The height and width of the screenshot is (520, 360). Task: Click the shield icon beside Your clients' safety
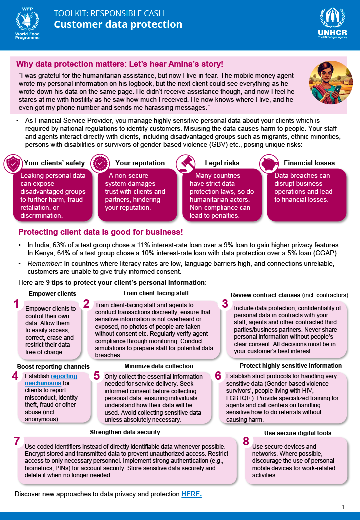coord(13,163)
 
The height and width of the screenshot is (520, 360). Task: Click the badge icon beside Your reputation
coord(100,163)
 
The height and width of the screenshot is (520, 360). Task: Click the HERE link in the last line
coord(191,494)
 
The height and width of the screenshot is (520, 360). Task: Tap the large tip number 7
coord(17,441)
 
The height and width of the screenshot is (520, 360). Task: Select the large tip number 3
coord(225,303)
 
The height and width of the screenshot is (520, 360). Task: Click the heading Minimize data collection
coord(158,366)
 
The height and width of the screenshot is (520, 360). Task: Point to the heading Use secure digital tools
coord(297,433)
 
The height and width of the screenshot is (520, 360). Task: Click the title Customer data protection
coord(118,24)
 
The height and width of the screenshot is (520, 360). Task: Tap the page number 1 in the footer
coord(343,507)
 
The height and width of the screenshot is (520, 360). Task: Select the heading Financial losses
coord(309,163)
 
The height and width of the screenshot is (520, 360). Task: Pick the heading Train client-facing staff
coord(156,293)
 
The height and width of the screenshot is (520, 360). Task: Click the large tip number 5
coord(97,376)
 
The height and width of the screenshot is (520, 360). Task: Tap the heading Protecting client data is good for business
coord(100,232)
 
